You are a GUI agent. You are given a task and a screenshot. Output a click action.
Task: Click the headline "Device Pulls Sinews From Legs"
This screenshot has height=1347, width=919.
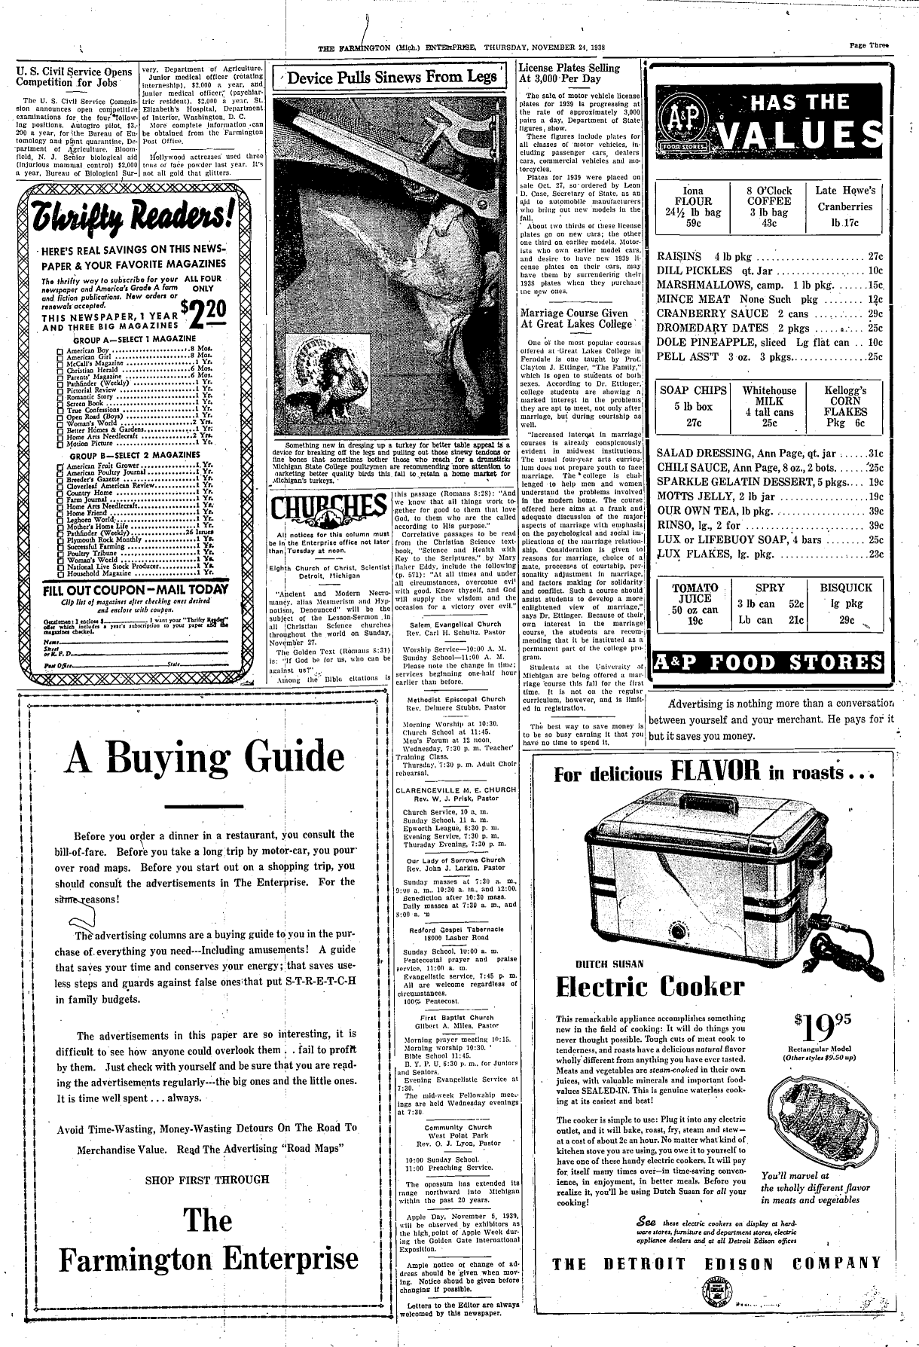(393, 77)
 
